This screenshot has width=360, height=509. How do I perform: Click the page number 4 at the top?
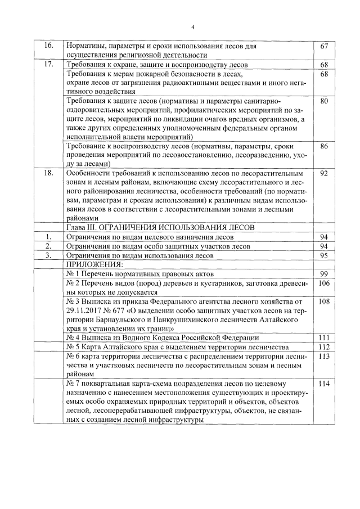pyautogui.click(x=192, y=26)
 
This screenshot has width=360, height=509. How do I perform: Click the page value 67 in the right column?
pyautogui.click(x=323, y=46)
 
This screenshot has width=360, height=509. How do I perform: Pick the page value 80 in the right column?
pyautogui.click(x=323, y=101)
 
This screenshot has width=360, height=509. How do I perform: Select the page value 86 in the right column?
pyautogui.click(x=323, y=146)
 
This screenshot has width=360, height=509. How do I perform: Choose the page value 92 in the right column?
pyautogui.click(x=323, y=173)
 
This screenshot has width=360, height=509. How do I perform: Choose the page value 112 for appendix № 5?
pyautogui.click(x=323, y=346)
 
